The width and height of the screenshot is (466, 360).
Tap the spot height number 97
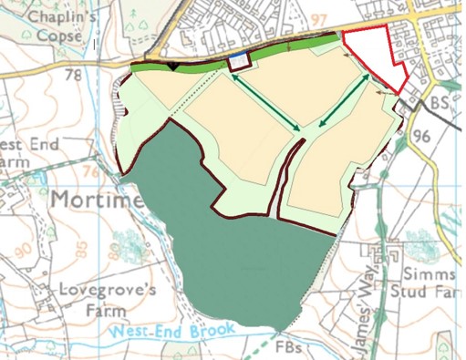click(x=318, y=20)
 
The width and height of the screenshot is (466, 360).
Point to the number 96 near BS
click(x=420, y=136)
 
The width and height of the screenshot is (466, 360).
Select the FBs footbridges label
click(x=289, y=347)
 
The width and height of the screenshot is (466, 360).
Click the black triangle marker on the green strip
click(x=173, y=66)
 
